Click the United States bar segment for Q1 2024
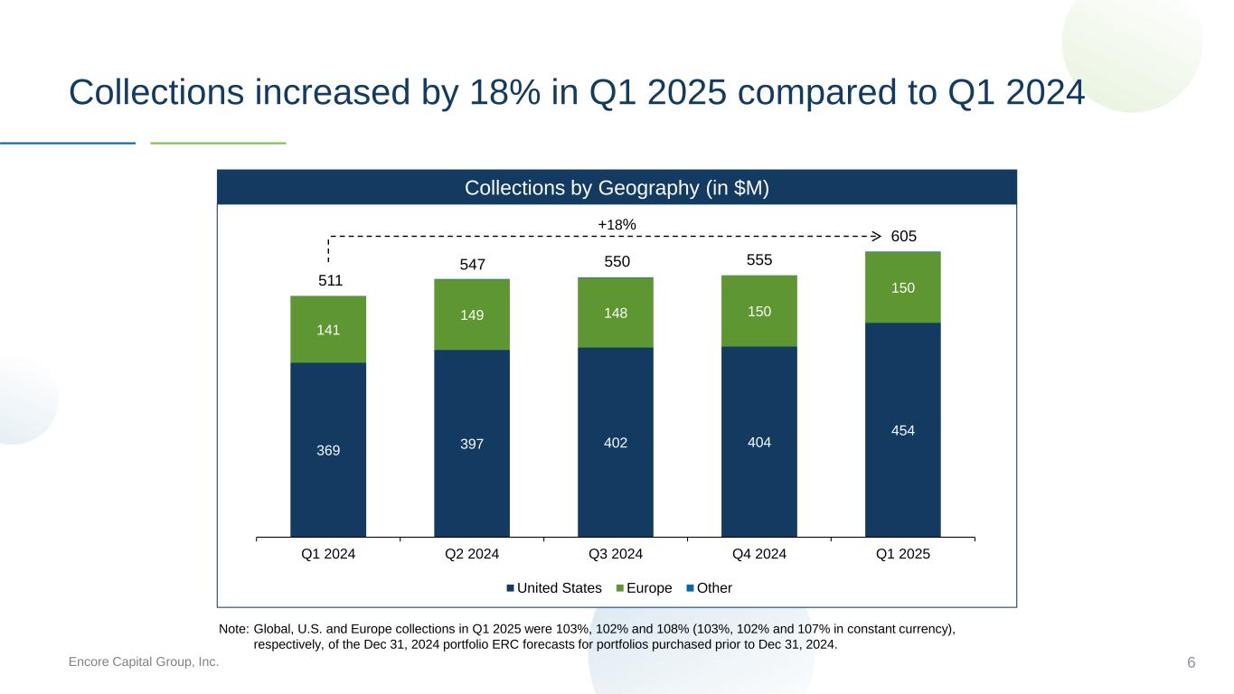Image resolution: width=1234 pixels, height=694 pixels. coord(328,449)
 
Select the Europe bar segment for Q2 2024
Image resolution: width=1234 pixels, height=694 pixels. coord(472,314)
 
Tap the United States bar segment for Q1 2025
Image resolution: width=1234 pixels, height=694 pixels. coord(902,430)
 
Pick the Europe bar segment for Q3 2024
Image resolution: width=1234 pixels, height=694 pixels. coord(616,313)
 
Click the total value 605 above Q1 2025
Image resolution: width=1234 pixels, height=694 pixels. coord(904,236)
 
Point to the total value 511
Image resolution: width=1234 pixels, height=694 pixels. coord(331,280)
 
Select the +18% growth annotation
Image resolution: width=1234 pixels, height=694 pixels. coord(617,224)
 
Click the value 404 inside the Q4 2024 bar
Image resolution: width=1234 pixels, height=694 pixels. coord(759,443)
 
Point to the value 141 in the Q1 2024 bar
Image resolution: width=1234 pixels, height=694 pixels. coord(328,330)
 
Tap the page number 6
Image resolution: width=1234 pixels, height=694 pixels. coord(1192,662)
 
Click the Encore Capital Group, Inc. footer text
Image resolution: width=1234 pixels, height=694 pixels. coord(144,662)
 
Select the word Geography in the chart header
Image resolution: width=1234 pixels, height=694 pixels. coord(629,188)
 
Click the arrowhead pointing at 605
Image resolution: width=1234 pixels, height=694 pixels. coord(875,236)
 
